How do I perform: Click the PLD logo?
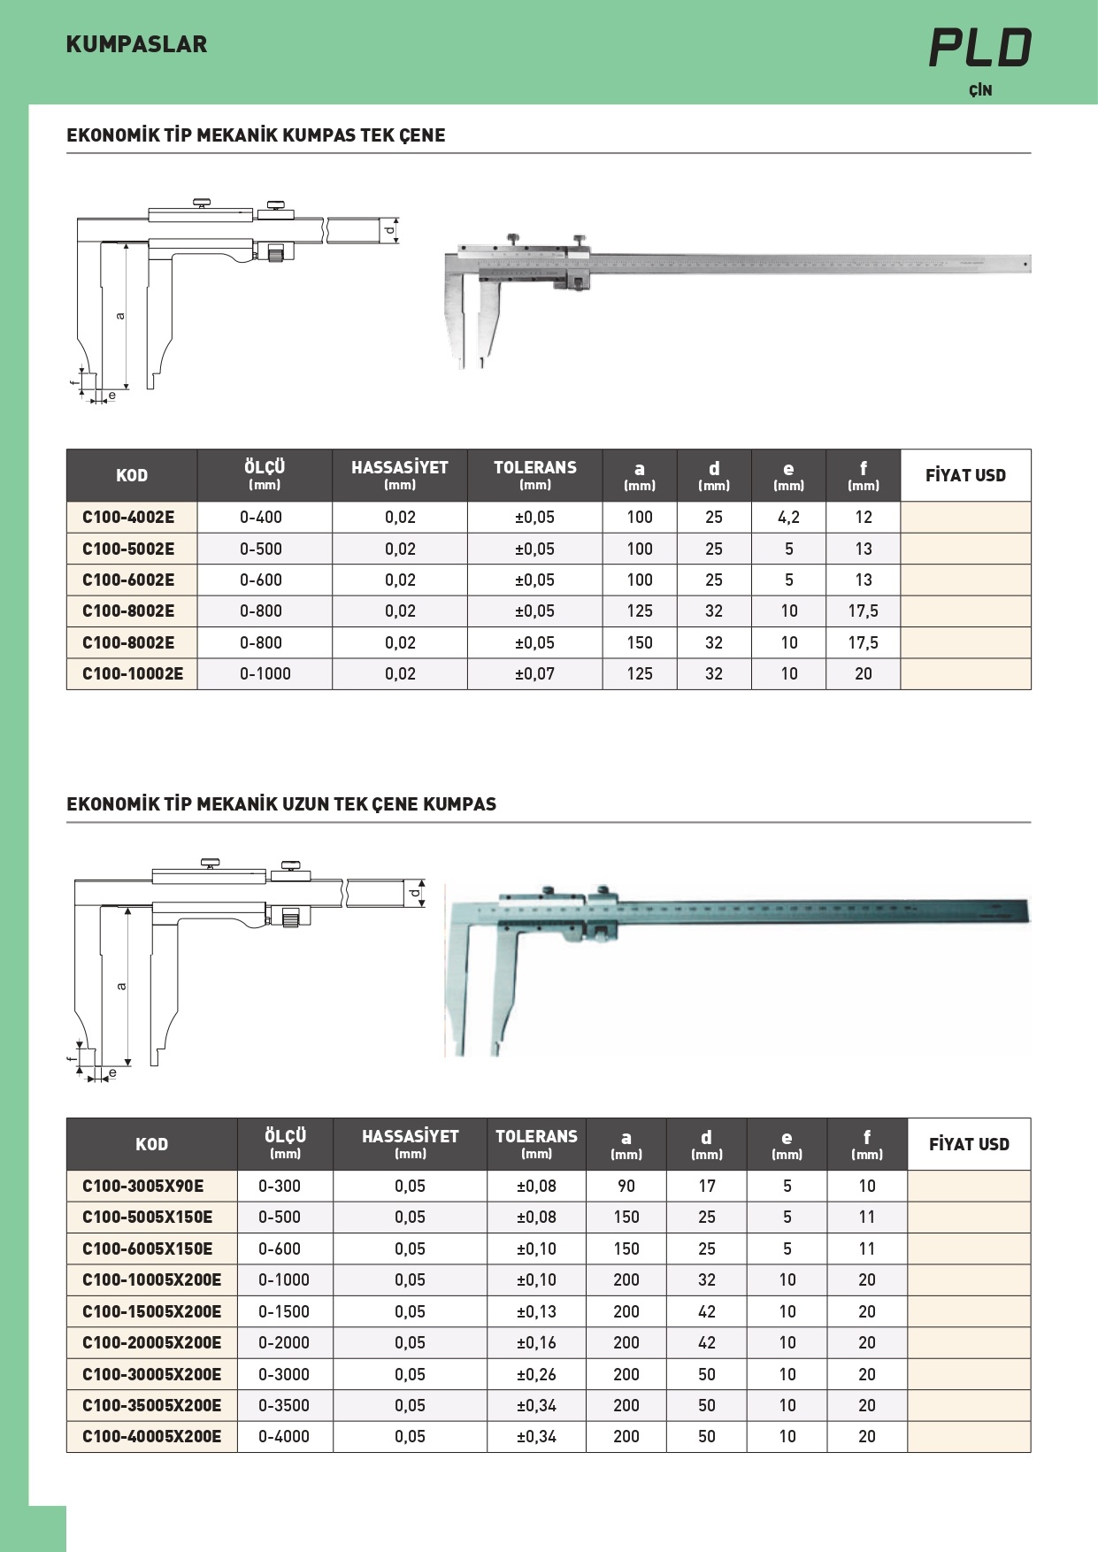tap(980, 48)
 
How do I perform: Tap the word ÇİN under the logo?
tap(980, 90)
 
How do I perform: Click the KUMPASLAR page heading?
tap(136, 44)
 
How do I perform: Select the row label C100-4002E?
tap(128, 517)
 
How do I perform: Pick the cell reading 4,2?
tap(788, 517)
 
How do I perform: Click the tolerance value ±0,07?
tap(534, 673)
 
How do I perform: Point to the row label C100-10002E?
tap(133, 673)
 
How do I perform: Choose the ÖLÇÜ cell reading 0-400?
tap(261, 517)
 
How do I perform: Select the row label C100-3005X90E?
tap(142, 1186)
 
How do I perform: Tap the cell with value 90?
tap(626, 1186)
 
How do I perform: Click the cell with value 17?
tap(706, 1186)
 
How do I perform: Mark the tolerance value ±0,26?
tap(536, 1374)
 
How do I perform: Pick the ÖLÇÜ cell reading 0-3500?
tap(284, 1405)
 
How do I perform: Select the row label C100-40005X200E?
tap(151, 1436)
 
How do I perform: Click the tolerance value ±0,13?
tap(536, 1311)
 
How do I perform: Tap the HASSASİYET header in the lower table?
tap(410, 1136)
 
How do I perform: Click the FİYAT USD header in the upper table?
tap(965, 475)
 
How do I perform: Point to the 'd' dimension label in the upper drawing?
tap(389, 231)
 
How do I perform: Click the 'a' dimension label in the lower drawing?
tap(121, 986)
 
